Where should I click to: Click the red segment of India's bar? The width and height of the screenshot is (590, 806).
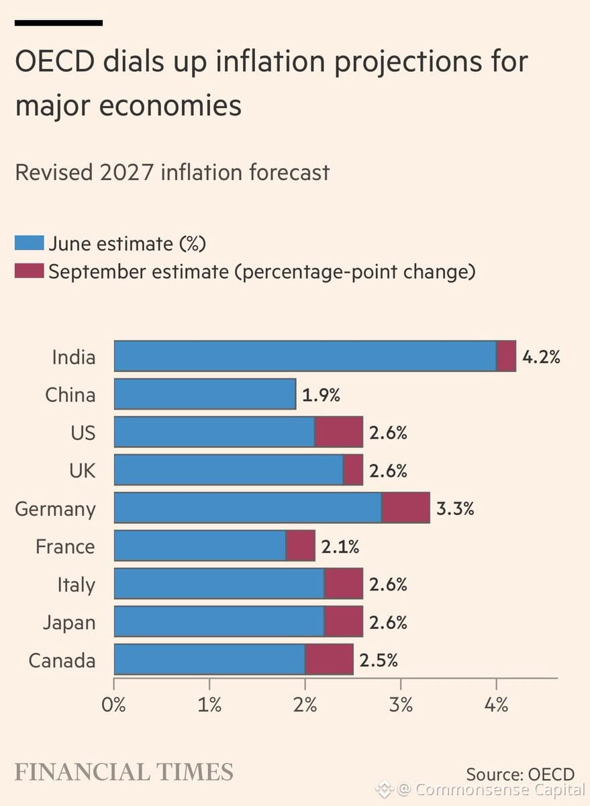(x=506, y=356)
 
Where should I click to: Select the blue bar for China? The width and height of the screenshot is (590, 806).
(x=205, y=394)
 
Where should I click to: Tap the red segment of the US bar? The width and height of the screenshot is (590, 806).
(x=339, y=432)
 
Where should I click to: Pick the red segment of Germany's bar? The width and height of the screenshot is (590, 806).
(x=405, y=507)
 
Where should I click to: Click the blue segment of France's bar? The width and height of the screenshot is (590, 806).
(x=200, y=545)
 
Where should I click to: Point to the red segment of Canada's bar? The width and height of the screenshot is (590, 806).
(x=329, y=659)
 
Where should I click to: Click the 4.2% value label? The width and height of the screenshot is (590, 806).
(x=541, y=357)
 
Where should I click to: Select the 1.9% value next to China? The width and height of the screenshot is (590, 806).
(x=321, y=395)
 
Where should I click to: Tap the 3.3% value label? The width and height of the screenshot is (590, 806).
(x=455, y=508)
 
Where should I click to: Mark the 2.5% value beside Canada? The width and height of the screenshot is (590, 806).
(x=379, y=660)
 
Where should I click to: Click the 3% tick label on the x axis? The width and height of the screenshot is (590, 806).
(x=401, y=705)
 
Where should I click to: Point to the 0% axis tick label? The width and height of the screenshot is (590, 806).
(x=113, y=705)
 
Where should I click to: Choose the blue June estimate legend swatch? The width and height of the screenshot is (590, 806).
(x=29, y=242)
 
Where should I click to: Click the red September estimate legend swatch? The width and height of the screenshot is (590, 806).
(x=29, y=271)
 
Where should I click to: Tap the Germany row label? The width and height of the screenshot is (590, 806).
(x=55, y=509)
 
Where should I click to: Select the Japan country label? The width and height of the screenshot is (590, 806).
(x=69, y=623)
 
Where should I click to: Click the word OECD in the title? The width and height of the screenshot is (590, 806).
(x=55, y=61)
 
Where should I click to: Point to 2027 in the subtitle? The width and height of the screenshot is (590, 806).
(x=127, y=173)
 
